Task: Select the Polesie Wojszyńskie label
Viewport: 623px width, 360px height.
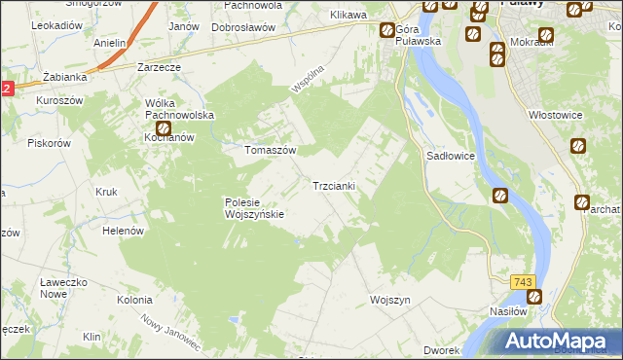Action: tap(253, 208)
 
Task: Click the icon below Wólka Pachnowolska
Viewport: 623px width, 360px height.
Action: tap(164, 127)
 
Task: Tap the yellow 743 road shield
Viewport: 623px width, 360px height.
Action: tap(523, 282)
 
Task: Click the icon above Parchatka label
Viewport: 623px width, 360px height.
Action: tap(582, 202)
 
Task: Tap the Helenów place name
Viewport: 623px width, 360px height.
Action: tap(124, 231)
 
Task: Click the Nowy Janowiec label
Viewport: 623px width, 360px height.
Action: tap(169, 333)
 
